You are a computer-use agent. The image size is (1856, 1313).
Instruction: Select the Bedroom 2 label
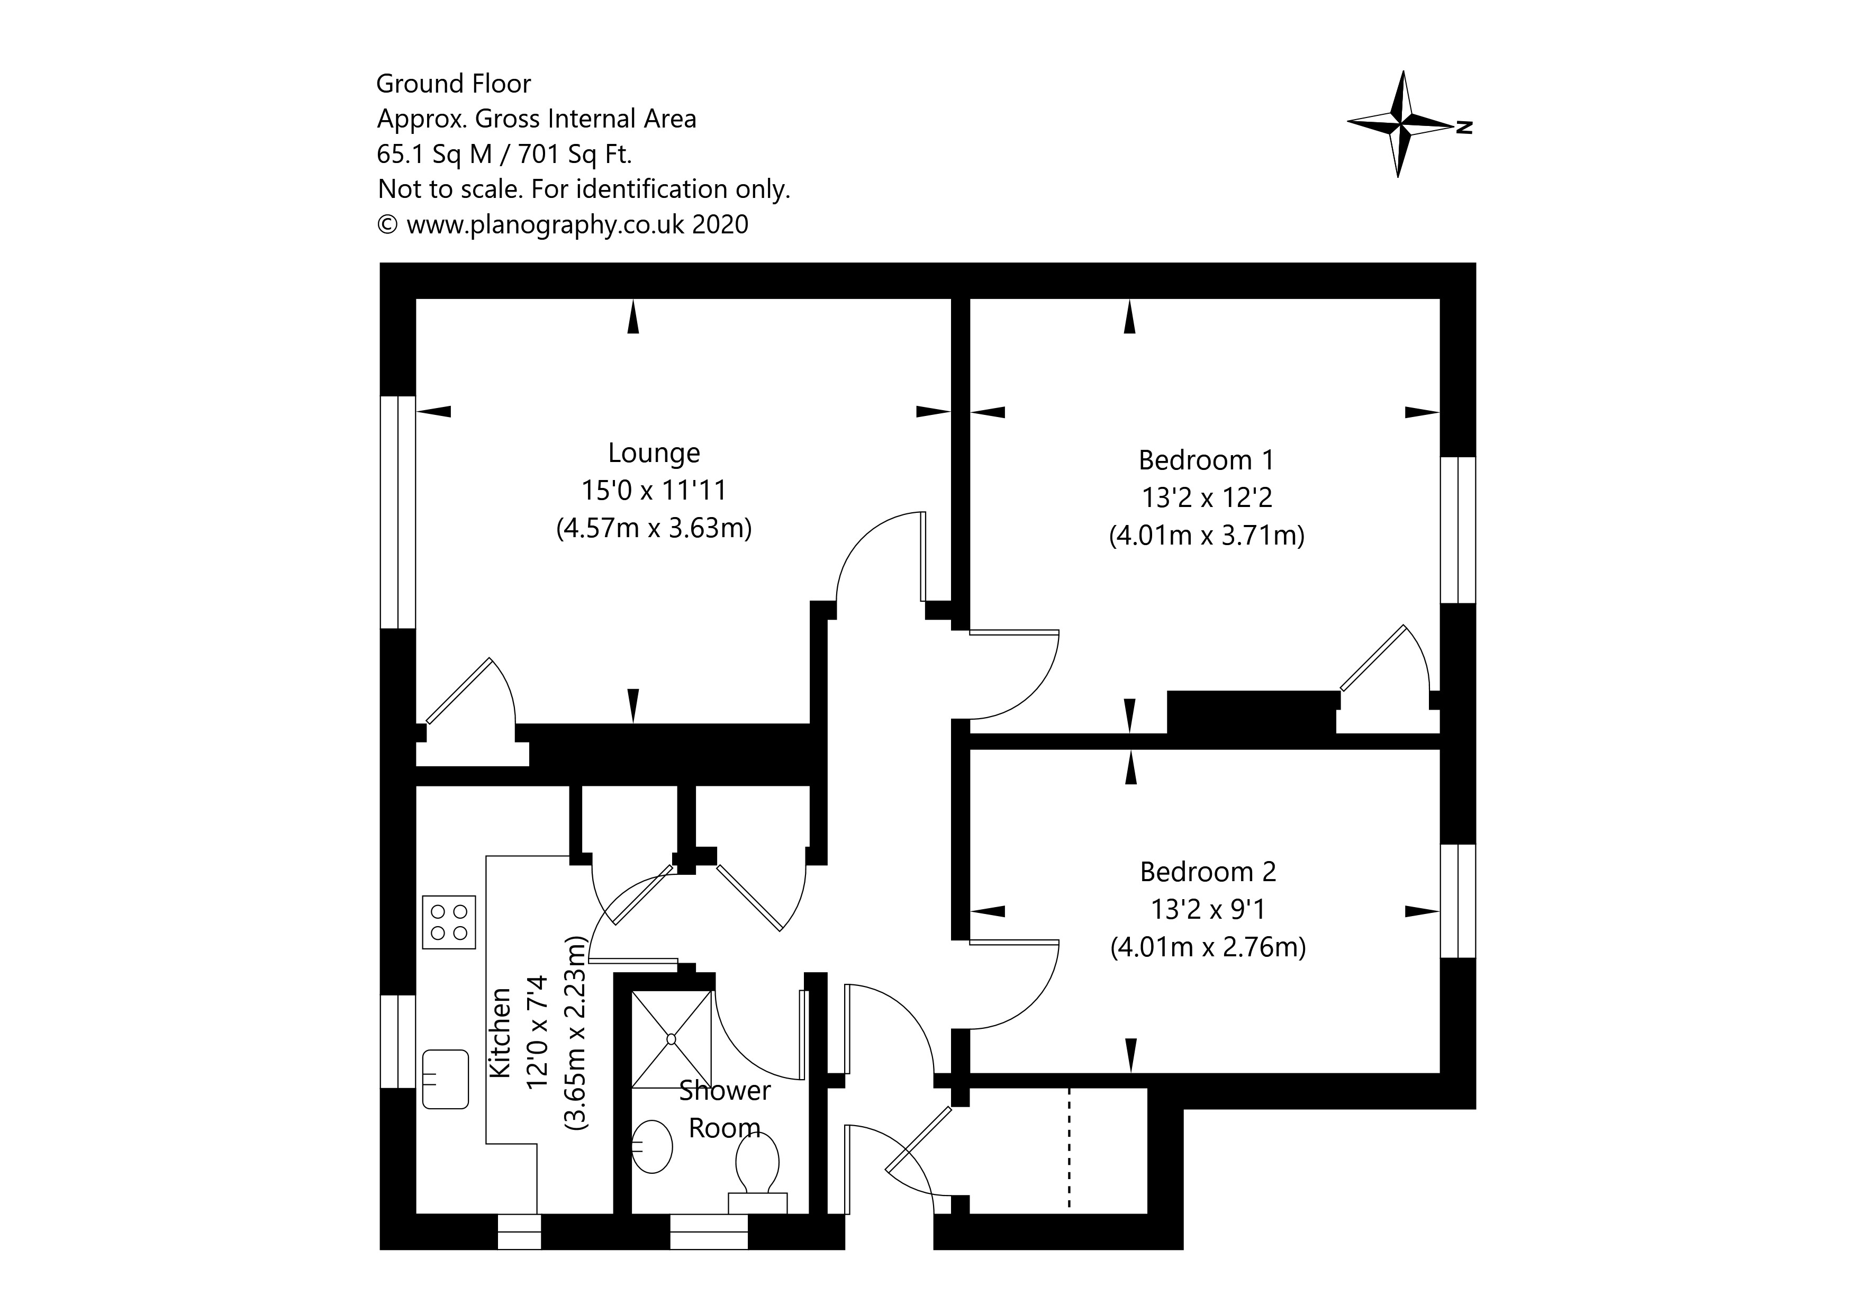coord(1208,872)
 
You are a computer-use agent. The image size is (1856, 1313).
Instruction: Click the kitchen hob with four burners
coord(449,922)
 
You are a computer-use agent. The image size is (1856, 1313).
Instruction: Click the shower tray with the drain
coord(671,1038)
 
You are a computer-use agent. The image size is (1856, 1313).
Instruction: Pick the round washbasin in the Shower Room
coord(651,1146)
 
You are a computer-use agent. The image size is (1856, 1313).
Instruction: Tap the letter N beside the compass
coord(1464,127)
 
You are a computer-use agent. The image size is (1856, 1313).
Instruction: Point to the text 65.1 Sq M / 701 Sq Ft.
coord(504,153)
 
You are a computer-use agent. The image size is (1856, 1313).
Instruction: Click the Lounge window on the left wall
coord(398,511)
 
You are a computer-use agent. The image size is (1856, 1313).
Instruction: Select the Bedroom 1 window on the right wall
coord(1457,530)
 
